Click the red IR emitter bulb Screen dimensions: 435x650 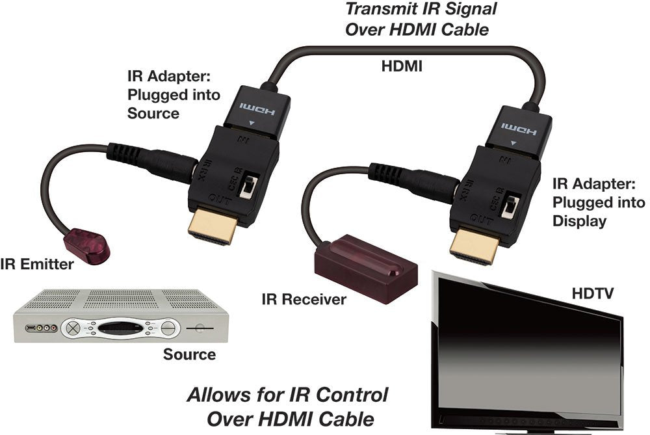[x=87, y=244]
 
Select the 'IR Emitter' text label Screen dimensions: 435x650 [x=37, y=264]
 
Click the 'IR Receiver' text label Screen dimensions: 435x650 [x=304, y=300]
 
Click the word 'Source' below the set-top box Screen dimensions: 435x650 [x=189, y=354]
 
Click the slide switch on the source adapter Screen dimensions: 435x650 [x=248, y=188]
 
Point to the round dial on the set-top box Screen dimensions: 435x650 [x=73, y=328]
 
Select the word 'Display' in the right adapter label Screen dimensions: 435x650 [x=579, y=221]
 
